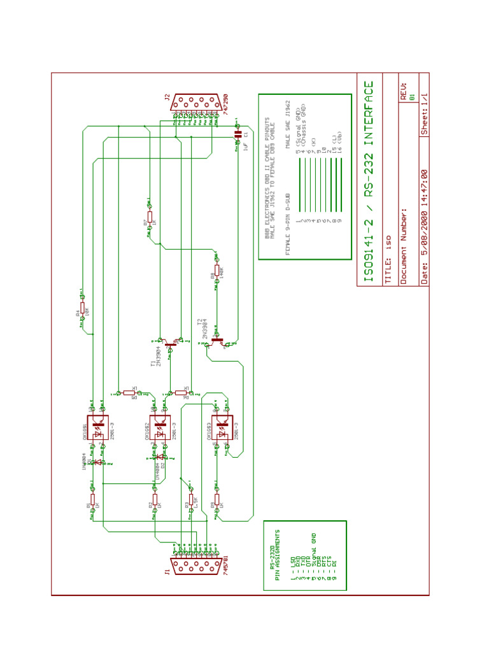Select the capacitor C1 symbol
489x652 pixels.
pyautogui.click(x=239, y=134)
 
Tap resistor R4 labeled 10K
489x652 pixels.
pyautogui.click(x=82, y=308)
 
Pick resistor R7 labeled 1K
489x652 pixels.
pyautogui.click(x=150, y=217)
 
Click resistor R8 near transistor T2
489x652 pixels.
pyautogui.click(x=216, y=271)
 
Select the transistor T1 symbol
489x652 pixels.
pyautogui.click(x=169, y=344)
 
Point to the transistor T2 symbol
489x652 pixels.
pyautogui.click(x=217, y=341)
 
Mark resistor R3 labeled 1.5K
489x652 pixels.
pyautogui.click(x=191, y=499)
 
